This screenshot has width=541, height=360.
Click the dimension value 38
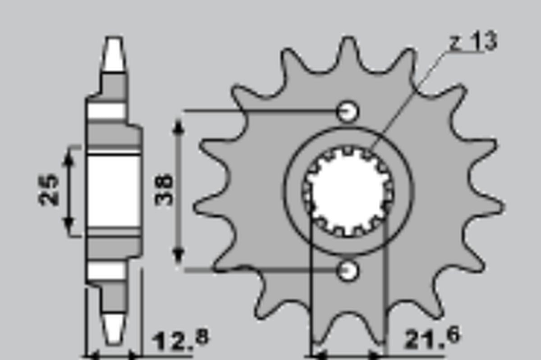tap(164, 190)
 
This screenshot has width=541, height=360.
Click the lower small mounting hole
tap(348, 270)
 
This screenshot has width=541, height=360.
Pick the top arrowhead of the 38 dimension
tap(179, 126)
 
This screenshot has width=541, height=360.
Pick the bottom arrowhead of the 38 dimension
tap(179, 257)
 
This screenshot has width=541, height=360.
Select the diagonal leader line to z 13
tap(406, 99)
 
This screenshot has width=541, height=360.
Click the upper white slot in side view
tap(106, 111)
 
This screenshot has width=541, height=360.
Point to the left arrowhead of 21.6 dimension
tap(318, 355)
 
